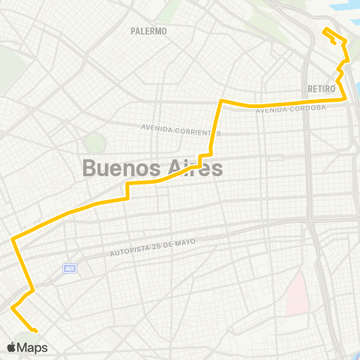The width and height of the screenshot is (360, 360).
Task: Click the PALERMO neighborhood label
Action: pyautogui.click(x=148, y=31)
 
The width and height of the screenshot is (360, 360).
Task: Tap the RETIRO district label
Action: pyautogui.click(x=320, y=88)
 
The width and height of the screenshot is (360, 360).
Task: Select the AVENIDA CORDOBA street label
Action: pyautogui.click(x=291, y=109)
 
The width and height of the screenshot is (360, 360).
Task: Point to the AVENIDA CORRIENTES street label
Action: pyautogui.click(x=181, y=129)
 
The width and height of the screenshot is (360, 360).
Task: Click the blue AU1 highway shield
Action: pyautogui.click(x=69, y=267)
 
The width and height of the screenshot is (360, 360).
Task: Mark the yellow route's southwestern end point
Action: pyautogui.click(x=36, y=330)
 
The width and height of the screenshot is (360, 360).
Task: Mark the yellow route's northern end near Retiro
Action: pyautogui.click(x=324, y=31)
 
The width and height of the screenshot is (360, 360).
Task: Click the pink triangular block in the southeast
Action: pyautogui.click(x=298, y=292)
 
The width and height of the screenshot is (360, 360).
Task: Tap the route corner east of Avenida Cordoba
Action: pyautogui.click(x=345, y=98)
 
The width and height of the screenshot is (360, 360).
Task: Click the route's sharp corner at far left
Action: pyautogui.click(x=12, y=239)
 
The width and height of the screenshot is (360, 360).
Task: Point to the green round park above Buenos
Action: pyautogui.click(x=94, y=141)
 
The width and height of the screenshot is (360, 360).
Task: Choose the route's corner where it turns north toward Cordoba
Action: pyautogui.click(x=220, y=100)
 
